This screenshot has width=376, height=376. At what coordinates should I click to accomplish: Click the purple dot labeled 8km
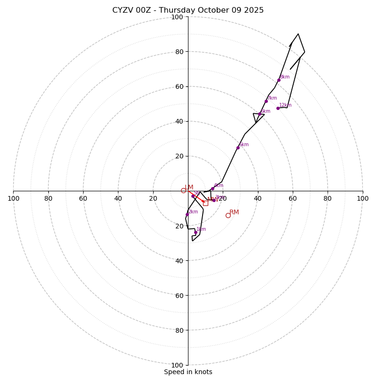tap(279, 80)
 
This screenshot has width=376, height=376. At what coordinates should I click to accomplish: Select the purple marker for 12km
tap(278, 108)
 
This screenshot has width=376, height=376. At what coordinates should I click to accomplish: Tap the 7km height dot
tap(266, 101)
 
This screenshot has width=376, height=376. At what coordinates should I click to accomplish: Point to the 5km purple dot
tap(238, 148)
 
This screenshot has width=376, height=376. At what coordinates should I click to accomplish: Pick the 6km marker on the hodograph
tap(259, 114)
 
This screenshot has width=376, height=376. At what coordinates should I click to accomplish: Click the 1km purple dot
tap(196, 232)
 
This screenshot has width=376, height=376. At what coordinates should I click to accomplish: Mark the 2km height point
tap(187, 214)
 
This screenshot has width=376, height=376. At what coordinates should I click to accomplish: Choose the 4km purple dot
tap(212, 188)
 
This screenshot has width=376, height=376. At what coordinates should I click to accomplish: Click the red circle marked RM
tap(228, 215)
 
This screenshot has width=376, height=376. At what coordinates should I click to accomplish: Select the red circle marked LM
tap(183, 190)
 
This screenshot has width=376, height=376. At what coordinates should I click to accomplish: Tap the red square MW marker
tap(205, 203)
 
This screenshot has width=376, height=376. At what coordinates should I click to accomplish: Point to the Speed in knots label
tap(188, 372)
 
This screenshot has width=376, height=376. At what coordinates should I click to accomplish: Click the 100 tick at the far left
tap(13, 198)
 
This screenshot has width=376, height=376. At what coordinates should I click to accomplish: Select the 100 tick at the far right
tap(362, 198)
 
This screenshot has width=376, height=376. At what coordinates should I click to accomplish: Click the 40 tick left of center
tap(118, 198)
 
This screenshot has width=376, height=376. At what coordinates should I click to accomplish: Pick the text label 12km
tap(285, 105)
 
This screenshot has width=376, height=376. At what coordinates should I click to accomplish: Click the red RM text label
tap(234, 212)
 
